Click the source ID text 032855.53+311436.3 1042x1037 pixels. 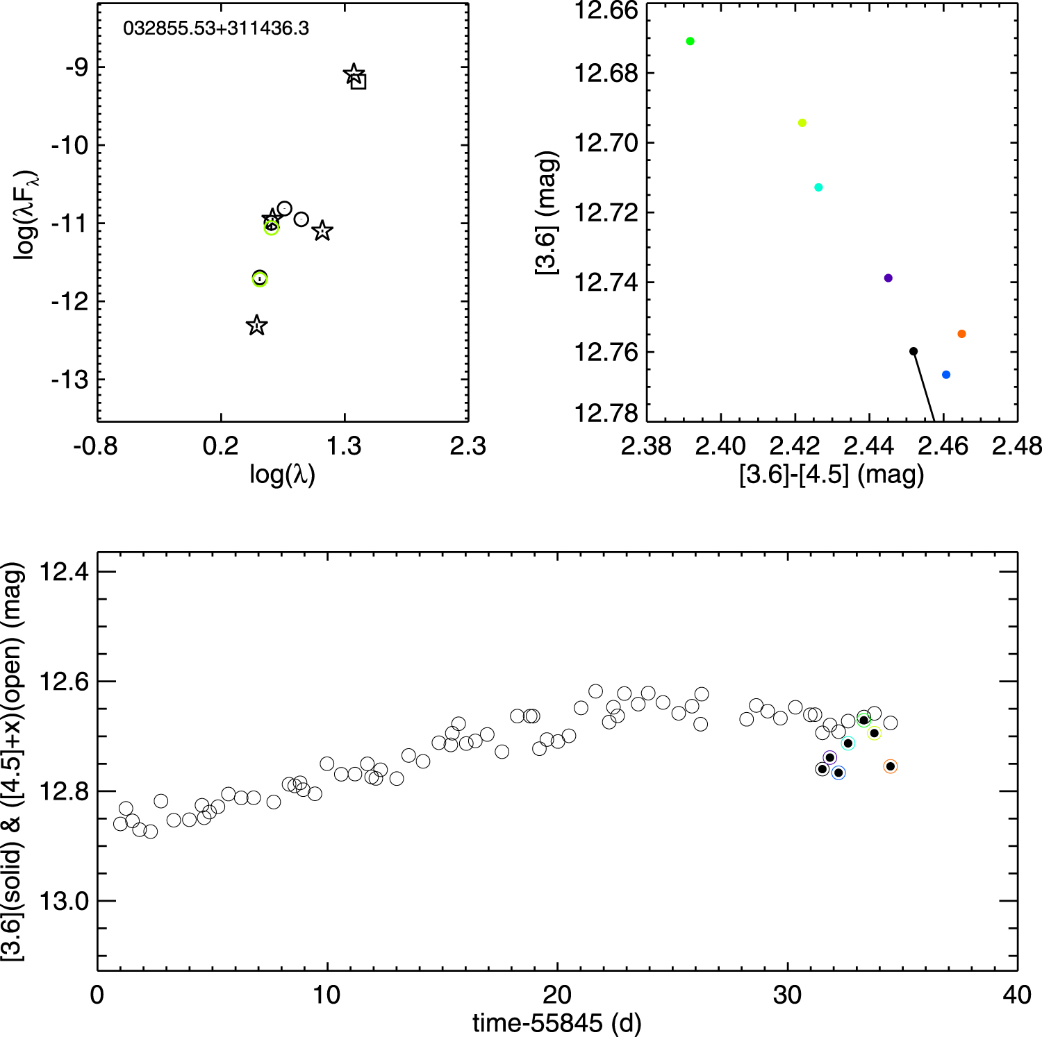coord(216,28)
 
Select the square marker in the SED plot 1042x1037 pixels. coord(358,81)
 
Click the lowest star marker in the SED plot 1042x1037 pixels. coord(257,326)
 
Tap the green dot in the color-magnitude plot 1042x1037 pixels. coord(690,41)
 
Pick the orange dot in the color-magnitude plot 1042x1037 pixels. coord(961,334)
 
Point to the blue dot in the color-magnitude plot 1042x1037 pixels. coord(945,375)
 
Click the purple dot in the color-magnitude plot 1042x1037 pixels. coord(888,278)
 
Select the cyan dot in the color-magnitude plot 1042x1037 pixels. coord(818,187)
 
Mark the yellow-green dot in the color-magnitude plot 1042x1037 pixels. coord(802,123)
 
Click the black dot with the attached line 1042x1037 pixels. coord(913,351)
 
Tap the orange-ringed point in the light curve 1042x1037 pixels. coord(891,766)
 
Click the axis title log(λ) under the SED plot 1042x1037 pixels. coord(282,475)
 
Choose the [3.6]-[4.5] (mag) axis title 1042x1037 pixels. coord(832,475)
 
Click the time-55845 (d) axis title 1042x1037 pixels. coord(556,1022)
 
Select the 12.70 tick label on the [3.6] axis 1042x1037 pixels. coord(606,143)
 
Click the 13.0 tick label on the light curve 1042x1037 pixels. coord(65,901)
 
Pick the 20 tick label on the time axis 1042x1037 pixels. coord(557,995)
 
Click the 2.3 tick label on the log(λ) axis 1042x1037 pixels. coord(468,446)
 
